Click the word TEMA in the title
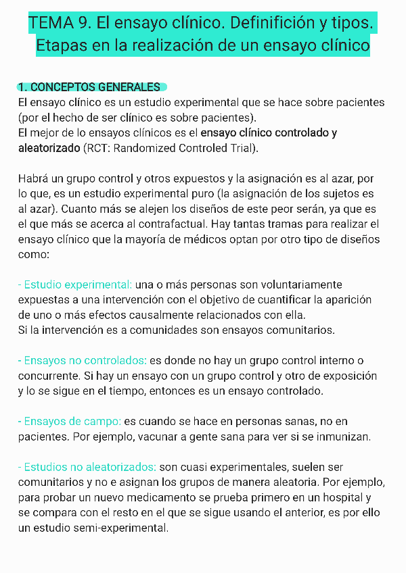coord(51,24)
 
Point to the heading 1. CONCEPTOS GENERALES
coord(89,87)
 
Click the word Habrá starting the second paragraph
coord(35,179)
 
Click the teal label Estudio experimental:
coord(75,284)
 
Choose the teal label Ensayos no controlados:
coord(82,361)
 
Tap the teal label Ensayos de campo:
coord(70,422)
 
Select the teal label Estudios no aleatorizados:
coord(87,467)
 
